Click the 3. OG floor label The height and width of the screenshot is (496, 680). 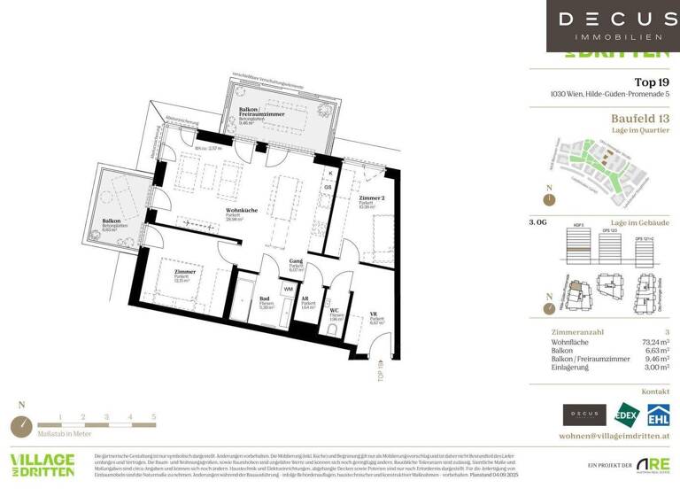pyautogui.click(x=537, y=224)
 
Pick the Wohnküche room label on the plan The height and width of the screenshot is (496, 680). pyautogui.click(x=241, y=211)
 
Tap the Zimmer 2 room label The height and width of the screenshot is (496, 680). pyautogui.click(x=371, y=198)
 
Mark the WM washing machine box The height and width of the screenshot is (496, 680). pyautogui.click(x=288, y=289)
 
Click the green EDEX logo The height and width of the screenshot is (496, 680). pyautogui.click(x=625, y=415)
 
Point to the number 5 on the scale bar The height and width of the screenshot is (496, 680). pyautogui.click(x=153, y=416)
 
